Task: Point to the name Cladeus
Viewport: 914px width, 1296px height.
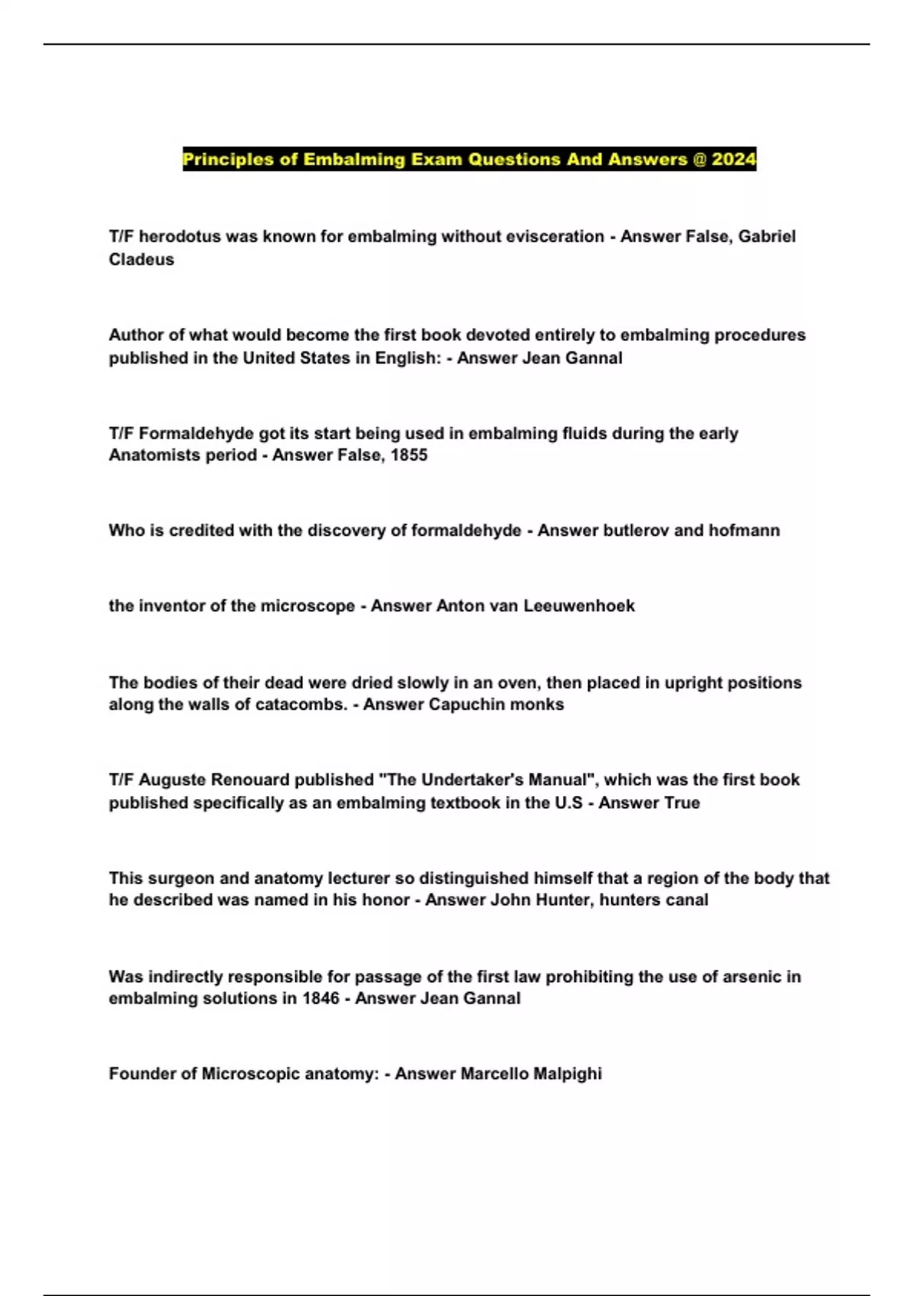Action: click(142, 259)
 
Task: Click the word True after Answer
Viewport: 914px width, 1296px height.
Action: click(681, 802)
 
